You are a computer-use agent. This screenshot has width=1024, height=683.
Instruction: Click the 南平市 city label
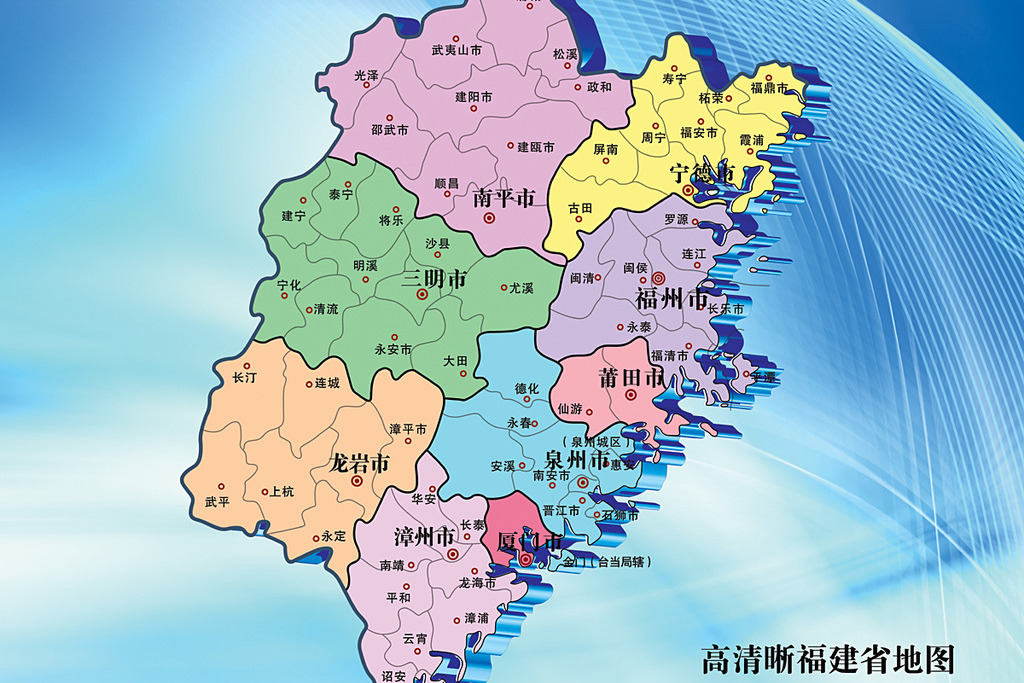(505, 197)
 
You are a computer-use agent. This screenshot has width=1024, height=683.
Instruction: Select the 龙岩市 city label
(359, 463)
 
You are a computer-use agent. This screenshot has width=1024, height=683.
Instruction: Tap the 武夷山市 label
(456, 49)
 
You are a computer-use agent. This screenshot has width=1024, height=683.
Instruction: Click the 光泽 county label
(366, 75)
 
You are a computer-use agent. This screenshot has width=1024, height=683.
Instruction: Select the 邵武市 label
(389, 130)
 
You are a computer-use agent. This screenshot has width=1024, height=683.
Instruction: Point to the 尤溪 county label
(521, 288)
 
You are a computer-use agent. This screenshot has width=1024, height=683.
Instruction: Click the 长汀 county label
(244, 378)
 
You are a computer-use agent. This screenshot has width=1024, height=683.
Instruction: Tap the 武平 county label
(216, 502)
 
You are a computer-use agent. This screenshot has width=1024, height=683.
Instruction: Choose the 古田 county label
(580, 208)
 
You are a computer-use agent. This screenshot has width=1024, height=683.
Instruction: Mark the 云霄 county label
(414, 638)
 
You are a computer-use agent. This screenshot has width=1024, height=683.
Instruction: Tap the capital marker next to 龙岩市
(357, 481)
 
